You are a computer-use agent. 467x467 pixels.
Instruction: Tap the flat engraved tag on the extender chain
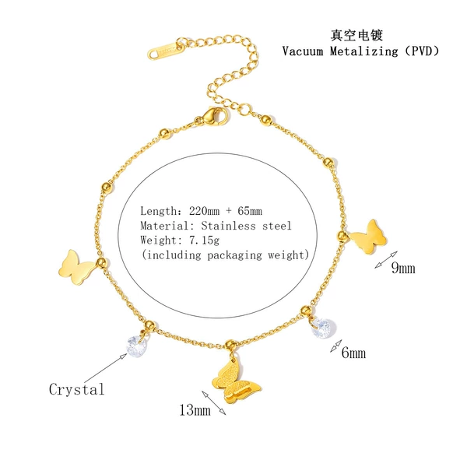coord(166,50)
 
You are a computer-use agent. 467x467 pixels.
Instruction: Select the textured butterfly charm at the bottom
coord(236,381)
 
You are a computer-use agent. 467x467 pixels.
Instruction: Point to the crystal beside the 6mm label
coord(323,328)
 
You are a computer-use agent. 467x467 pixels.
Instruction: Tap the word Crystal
coord(77,389)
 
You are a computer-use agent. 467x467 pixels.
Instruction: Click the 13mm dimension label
coord(195,410)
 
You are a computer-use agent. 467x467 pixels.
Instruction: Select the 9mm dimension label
coord(403,268)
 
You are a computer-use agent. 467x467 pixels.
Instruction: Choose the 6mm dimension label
coord(353,353)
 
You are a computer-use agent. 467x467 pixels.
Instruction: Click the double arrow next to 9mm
coord(386,260)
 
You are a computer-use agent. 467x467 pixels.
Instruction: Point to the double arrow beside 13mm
coord(214,402)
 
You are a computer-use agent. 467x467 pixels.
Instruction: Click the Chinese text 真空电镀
coord(356,35)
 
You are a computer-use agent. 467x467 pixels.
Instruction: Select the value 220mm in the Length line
coord(204,211)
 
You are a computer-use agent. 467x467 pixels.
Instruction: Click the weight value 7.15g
coord(204,241)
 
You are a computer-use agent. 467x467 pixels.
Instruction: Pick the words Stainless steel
coord(246,226)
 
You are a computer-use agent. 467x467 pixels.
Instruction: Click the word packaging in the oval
coord(235,255)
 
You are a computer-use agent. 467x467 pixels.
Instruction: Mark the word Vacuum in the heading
coord(303,51)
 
